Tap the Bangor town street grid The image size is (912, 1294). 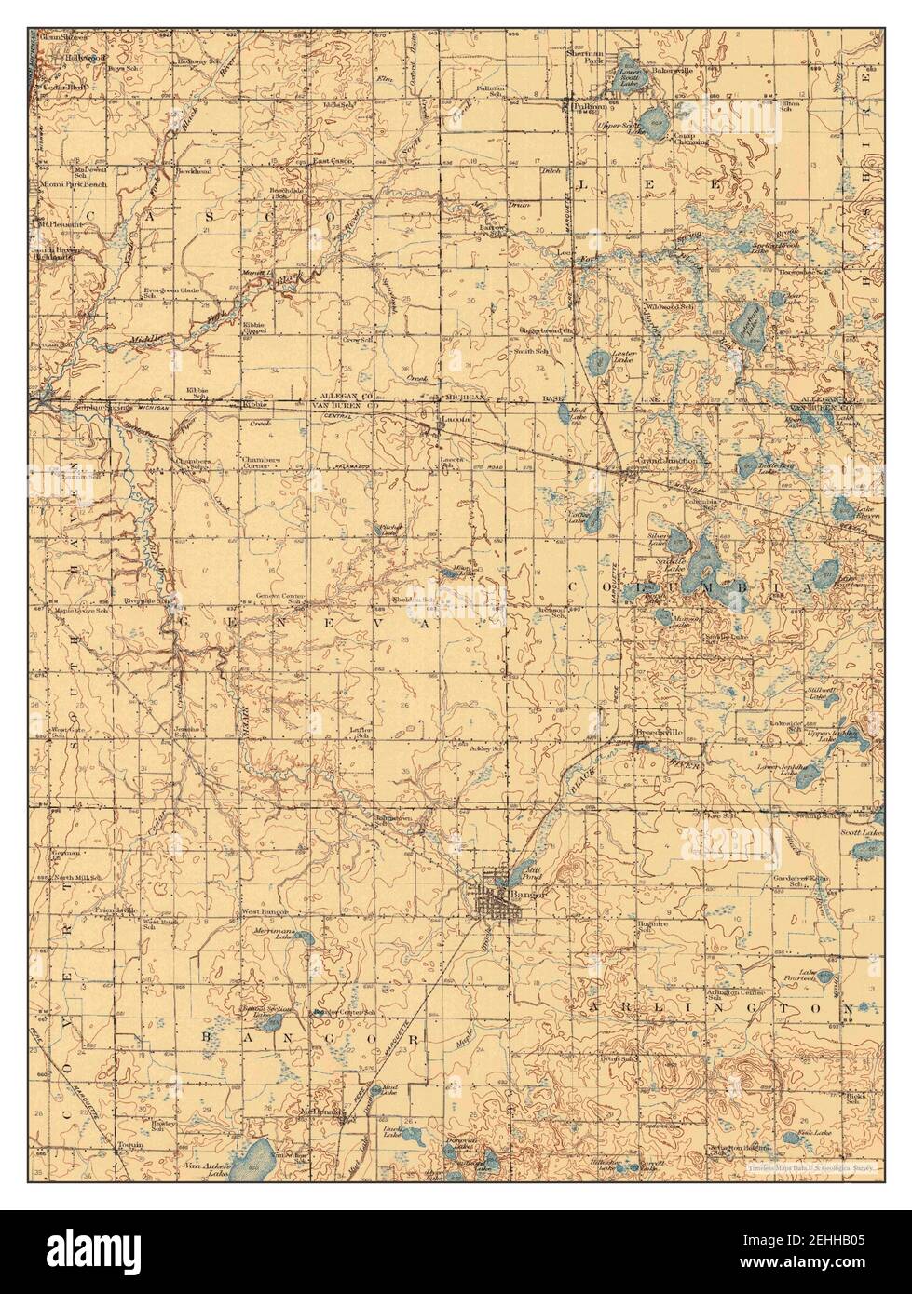click(x=489, y=903)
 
